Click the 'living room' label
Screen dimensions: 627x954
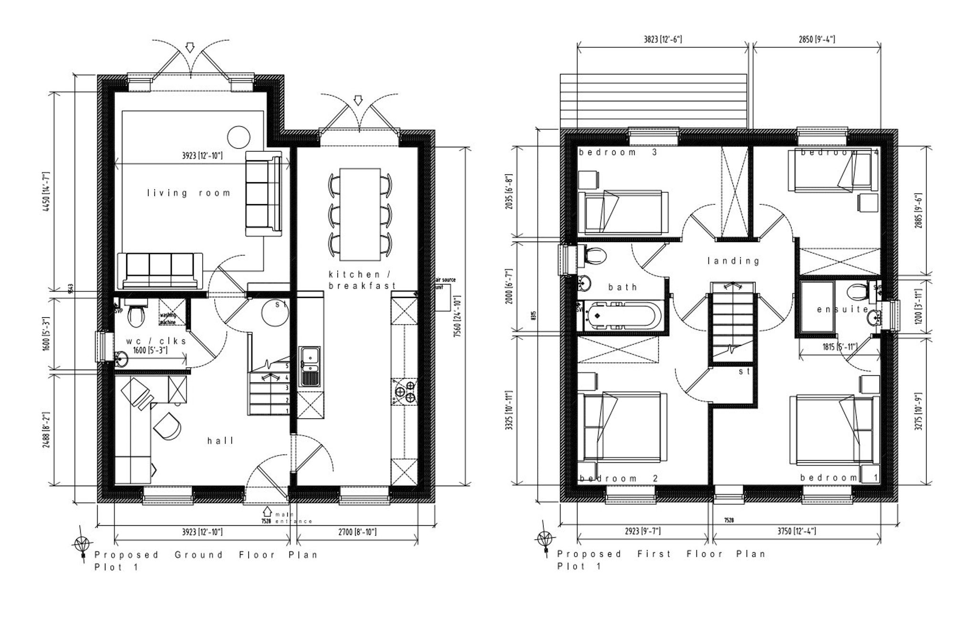[188, 193]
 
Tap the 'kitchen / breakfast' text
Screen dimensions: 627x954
[362, 280]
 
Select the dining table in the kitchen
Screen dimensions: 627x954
[360, 213]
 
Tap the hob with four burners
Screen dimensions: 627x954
[404, 391]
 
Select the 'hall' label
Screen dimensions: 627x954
[221, 441]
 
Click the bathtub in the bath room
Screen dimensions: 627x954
[620, 316]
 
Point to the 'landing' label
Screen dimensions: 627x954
[733, 261]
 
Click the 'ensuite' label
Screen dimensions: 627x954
[842, 309]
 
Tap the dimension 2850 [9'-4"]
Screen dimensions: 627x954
[817, 40]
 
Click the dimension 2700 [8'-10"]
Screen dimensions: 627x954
[358, 531]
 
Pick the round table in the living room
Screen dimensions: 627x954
[238, 137]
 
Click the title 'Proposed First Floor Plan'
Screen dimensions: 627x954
[661, 554]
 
